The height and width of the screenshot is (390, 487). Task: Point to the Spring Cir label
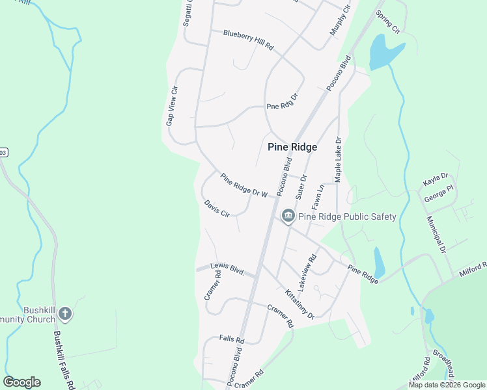point(387,21)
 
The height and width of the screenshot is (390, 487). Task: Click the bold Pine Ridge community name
point(292,147)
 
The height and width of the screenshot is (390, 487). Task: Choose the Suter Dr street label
point(300,187)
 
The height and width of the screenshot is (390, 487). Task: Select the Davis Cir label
point(217,209)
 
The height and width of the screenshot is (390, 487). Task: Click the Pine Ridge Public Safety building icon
point(287,216)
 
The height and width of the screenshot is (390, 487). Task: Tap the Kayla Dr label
point(436,176)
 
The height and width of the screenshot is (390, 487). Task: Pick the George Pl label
point(438,193)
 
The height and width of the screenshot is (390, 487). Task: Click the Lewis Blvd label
point(227,268)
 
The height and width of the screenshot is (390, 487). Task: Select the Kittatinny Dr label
point(297,302)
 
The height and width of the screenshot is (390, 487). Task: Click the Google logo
point(21,382)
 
